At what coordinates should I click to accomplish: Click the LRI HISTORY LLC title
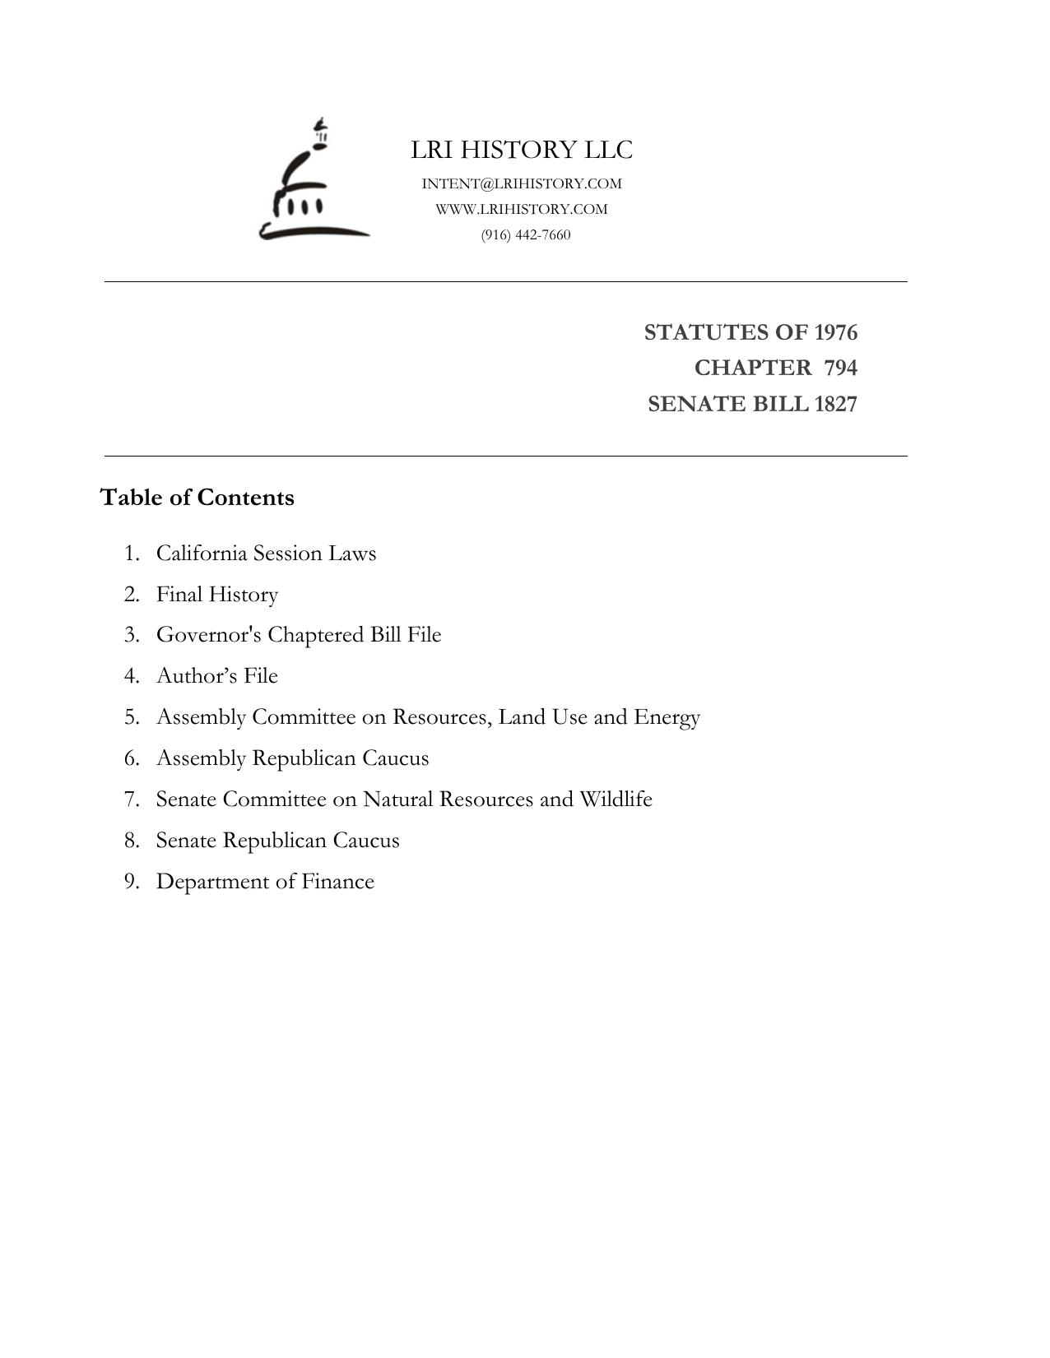[522, 150]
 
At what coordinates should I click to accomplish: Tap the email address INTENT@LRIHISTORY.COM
[522, 183]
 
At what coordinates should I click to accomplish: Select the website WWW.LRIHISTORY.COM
[522, 209]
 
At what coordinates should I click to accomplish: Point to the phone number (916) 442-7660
[526, 234]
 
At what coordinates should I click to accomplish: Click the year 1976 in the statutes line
[835, 332]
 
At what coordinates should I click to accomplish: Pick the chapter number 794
[840, 368]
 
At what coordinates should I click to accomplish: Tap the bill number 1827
[835, 404]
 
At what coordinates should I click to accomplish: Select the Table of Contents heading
[197, 498]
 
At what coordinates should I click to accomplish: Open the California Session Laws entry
[266, 553]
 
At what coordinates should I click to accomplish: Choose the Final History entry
[217, 594]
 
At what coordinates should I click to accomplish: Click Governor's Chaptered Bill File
[299, 635]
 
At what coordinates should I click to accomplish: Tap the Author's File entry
[217, 675]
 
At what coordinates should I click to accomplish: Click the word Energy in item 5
[667, 717]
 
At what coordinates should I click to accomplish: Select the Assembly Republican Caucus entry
[292, 758]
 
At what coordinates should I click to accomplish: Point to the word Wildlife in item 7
[616, 799]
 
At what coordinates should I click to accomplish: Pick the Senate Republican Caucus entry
[277, 840]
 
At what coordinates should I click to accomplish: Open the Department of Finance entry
[265, 881]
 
